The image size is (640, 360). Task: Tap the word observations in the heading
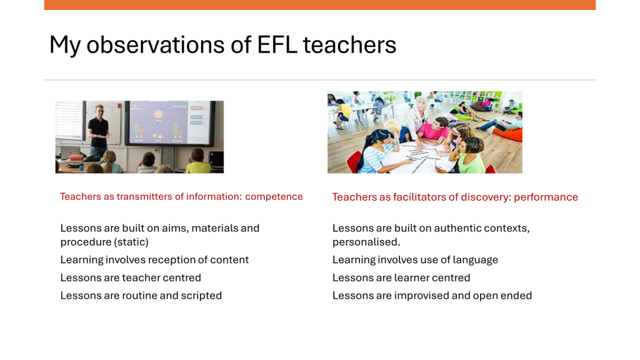[156, 44]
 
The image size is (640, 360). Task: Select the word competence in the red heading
[274, 197]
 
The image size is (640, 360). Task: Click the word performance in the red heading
[546, 197]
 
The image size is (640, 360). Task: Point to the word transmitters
[144, 197]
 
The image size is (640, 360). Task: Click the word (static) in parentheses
[131, 242]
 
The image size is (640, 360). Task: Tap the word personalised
[366, 242]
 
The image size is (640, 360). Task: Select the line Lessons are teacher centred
[131, 277]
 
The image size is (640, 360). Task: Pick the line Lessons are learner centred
[401, 277]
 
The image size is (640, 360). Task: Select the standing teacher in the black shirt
[98, 131]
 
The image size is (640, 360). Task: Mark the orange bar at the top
[319, 5]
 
